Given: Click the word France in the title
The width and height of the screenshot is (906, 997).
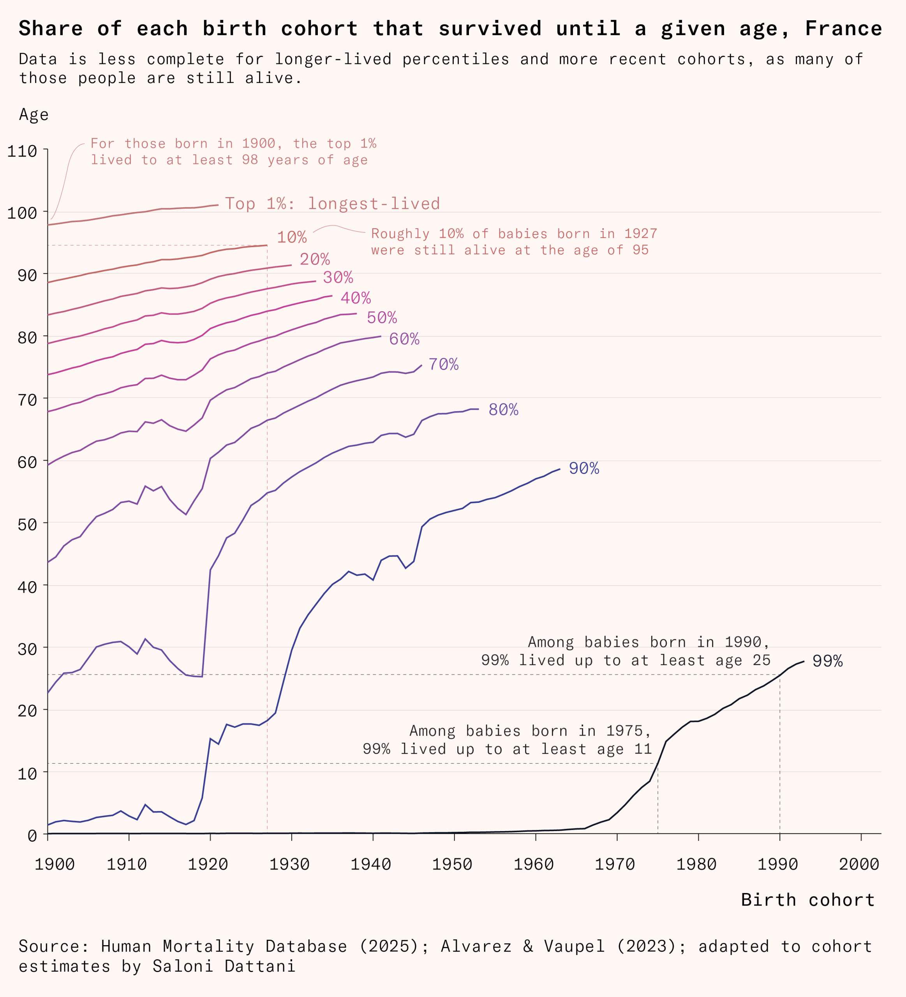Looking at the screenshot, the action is pyautogui.click(x=844, y=29).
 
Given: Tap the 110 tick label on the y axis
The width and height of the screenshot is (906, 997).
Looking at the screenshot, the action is pyautogui.click(x=22, y=151).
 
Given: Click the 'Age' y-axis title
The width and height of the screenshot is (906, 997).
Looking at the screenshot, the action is pyautogui.click(x=33, y=115).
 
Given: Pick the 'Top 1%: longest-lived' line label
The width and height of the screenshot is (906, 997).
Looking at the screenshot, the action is pyautogui.click(x=332, y=203).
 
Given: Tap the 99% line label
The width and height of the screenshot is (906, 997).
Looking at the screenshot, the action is pyautogui.click(x=827, y=661).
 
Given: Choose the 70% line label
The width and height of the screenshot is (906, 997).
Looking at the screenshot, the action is pyautogui.click(x=443, y=364).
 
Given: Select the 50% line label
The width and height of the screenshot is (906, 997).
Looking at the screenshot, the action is pyautogui.click(x=382, y=317).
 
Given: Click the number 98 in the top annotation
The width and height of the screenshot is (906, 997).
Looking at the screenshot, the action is pyautogui.click(x=250, y=160).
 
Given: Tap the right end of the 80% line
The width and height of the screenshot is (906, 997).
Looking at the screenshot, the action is pyautogui.click(x=478, y=409).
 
